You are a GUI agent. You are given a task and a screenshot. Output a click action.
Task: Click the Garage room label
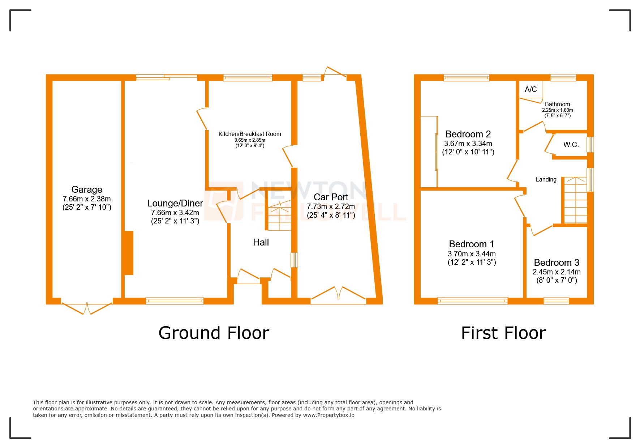pyautogui.click(x=87, y=189)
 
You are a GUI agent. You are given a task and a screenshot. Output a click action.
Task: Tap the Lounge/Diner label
pyautogui.click(x=175, y=203)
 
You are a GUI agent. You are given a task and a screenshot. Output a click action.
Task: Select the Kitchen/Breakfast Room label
pyautogui.click(x=250, y=134)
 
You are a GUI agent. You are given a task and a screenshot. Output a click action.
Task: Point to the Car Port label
pyautogui.click(x=331, y=197)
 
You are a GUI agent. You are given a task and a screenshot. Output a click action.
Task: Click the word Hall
pyautogui.click(x=261, y=242)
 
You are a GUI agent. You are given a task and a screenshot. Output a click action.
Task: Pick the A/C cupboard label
pyautogui.click(x=531, y=89)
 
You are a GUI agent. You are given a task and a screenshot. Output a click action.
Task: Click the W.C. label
pyautogui.click(x=571, y=145)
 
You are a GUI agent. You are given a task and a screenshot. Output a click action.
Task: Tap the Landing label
pyautogui.click(x=546, y=179)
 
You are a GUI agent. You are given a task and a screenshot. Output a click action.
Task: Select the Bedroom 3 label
pyautogui.click(x=557, y=263)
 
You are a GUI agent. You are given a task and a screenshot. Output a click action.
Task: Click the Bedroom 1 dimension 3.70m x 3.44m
pyautogui.click(x=472, y=254)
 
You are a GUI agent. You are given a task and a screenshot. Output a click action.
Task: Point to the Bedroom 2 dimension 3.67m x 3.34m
pyautogui.click(x=468, y=144)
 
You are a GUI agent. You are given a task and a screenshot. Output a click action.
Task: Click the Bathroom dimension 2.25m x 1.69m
pyautogui.click(x=557, y=110)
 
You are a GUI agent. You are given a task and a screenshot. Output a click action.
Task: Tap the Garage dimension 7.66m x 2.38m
pyautogui.click(x=87, y=199)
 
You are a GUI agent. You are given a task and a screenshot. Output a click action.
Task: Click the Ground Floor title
pyautogui.click(x=214, y=333)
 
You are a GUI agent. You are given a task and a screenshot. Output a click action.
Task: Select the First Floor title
pyautogui.click(x=503, y=333)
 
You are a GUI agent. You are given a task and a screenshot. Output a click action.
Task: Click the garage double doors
pyautogui.click(x=87, y=307)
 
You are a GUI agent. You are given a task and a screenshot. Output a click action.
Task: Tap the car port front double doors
pyautogui.click(x=338, y=294)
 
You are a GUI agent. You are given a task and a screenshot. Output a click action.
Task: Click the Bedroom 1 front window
pyautogui.click(x=472, y=301)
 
